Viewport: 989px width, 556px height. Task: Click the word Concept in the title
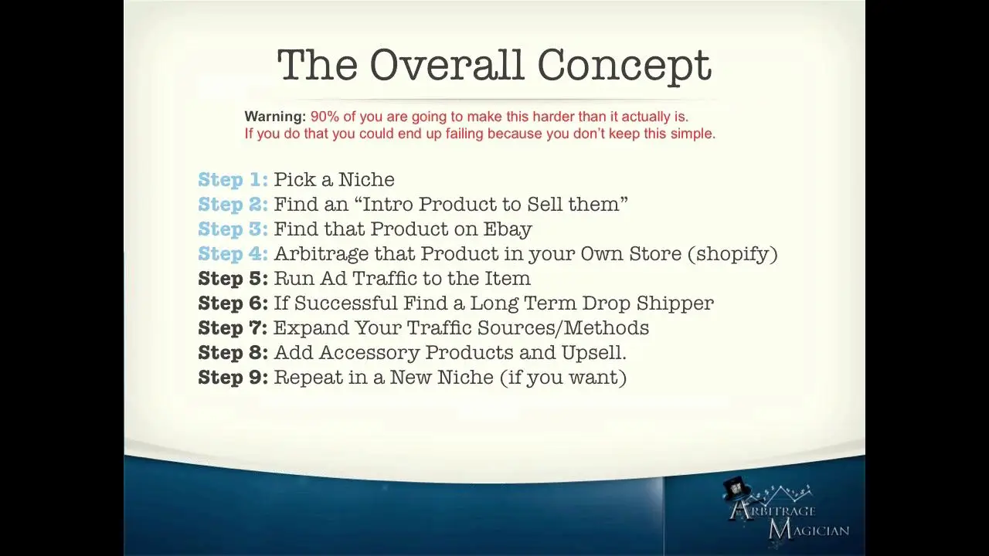(624, 66)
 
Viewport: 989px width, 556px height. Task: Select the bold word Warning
(275, 117)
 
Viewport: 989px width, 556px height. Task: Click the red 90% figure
(325, 117)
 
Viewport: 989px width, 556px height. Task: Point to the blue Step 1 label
(233, 180)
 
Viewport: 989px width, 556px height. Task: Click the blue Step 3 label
(233, 229)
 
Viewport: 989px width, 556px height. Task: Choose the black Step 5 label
(233, 279)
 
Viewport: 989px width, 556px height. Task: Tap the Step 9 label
(233, 378)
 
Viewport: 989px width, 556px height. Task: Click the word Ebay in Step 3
(508, 230)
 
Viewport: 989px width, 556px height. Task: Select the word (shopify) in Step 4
(733, 255)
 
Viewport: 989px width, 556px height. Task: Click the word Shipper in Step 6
(675, 304)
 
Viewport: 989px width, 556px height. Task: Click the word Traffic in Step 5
(384, 279)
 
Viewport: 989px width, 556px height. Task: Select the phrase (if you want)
(563, 378)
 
